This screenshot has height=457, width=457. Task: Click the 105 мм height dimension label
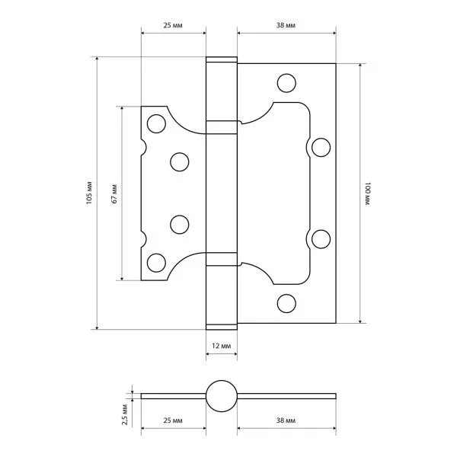pos(89,193)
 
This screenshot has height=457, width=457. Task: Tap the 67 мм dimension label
pos(114,193)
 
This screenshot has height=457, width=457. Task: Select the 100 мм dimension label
pos(368,193)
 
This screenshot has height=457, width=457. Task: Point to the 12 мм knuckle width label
pos(221,346)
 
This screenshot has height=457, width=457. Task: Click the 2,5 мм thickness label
pos(125,414)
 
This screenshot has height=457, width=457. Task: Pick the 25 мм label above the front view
pos(173,25)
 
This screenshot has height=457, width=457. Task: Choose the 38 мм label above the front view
pos(286,25)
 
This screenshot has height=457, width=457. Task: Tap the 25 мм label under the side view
pos(173,420)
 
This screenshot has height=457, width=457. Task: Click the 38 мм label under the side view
pos(286,420)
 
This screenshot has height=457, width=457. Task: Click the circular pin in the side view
pos(222,396)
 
